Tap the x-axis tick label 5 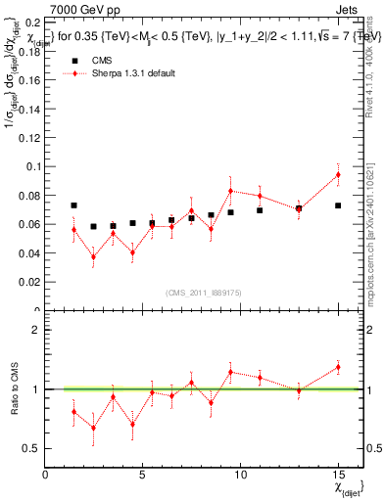pos(143,475)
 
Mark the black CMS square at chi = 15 pos(338,205)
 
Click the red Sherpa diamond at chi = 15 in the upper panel pos(338,175)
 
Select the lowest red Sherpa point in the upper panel pos(94,257)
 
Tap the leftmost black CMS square pos(74,205)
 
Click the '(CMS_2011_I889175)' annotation pos(203,294)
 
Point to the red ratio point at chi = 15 pos(338,367)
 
